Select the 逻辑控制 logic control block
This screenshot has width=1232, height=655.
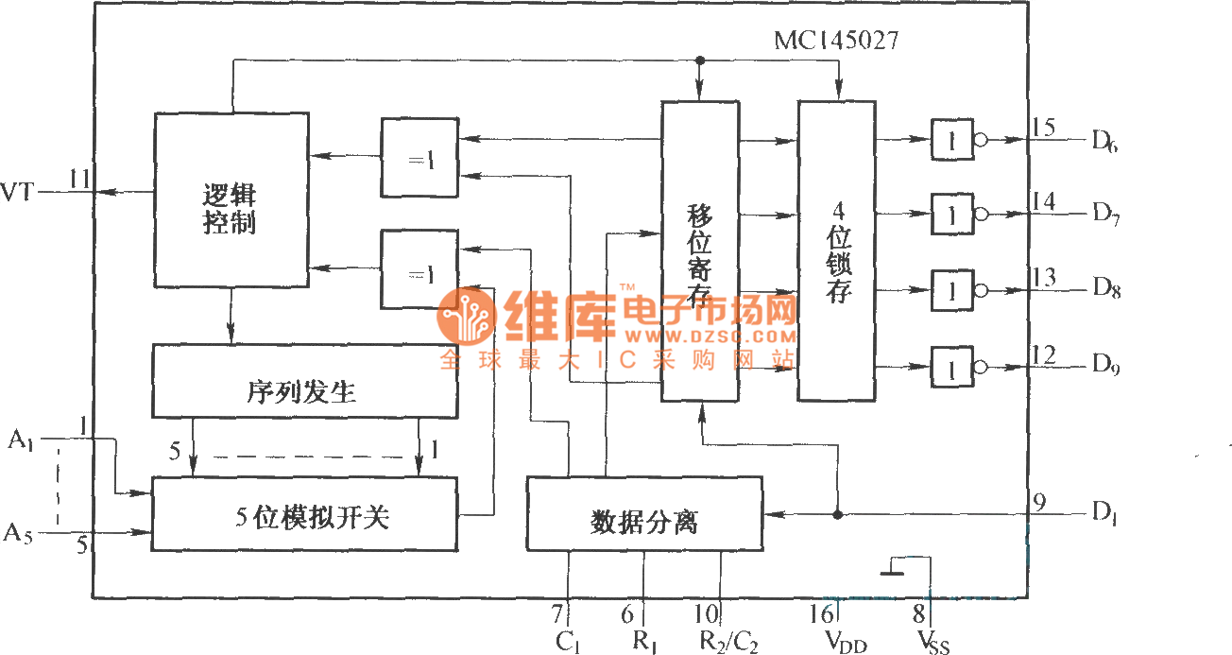coord(231,200)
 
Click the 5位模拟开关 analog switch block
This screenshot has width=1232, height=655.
coord(304,514)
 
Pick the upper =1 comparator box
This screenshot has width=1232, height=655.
coord(419,158)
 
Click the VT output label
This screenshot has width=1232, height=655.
coord(20,192)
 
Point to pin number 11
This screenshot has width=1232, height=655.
coord(79,179)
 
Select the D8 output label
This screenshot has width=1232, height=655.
coord(1105,289)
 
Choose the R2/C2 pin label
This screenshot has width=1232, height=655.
coord(727,643)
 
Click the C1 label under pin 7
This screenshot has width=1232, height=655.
coord(568,643)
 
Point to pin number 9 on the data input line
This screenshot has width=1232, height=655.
coord(1038,503)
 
